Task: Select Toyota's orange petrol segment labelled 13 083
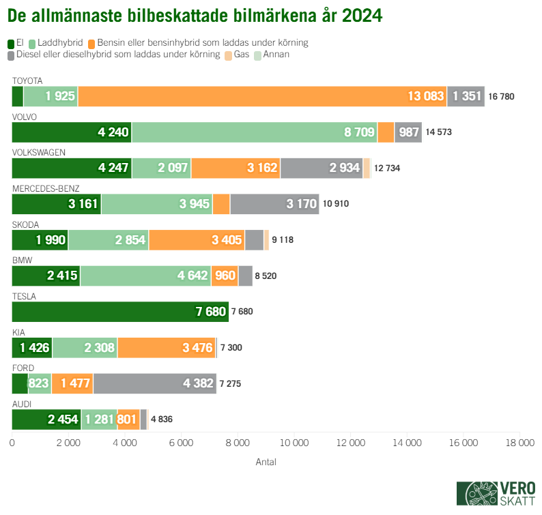pyautogui.click(x=262, y=96)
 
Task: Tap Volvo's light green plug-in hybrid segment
pyautogui.click(x=254, y=132)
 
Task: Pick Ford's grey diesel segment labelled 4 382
pyautogui.click(x=154, y=383)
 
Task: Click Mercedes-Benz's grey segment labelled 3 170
pyautogui.click(x=274, y=204)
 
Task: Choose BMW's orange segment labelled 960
pyautogui.click(x=224, y=276)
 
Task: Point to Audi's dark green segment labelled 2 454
pyautogui.click(x=46, y=420)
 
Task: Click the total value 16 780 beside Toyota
pyautogui.click(x=501, y=96)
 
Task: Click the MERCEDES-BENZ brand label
pyautogui.click(x=46, y=188)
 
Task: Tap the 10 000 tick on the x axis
pyautogui.click(x=294, y=443)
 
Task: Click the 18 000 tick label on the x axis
pyautogui.click(x=519, y=443)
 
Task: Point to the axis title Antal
pyautogui.click(x=266, y=462)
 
